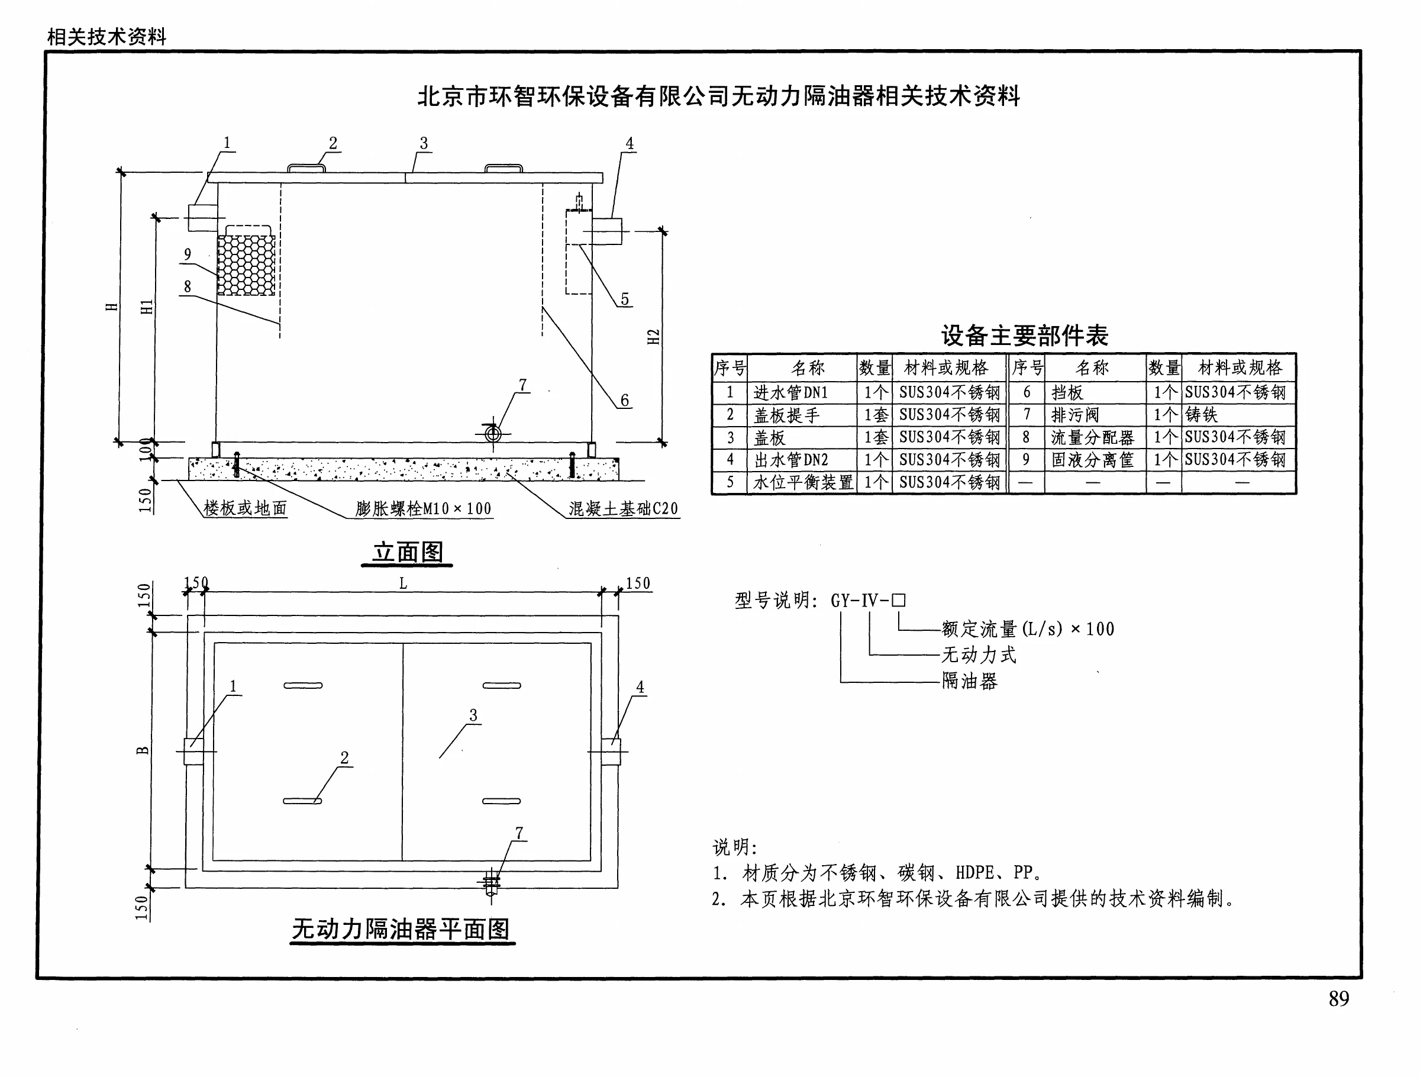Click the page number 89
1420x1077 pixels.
[1338, 999]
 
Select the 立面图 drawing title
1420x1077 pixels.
[408, 552]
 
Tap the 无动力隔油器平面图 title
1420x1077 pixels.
[401, 928]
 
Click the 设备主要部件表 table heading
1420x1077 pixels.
[1025, 336]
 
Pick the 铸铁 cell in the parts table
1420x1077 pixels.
[1201, 415]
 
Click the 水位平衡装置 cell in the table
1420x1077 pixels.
[803, 482]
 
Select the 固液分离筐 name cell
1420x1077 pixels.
[1093, 460]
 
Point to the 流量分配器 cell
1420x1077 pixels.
[1093, 437]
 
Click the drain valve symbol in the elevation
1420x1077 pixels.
[493, 434]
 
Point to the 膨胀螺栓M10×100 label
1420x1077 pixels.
[423, 509]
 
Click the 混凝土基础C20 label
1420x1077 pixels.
[622, 509]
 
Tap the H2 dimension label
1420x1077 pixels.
[654, 337]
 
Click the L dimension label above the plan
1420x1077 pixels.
[403, 583]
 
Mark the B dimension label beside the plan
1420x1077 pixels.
[143, 750]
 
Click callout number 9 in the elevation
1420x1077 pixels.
[188, 254]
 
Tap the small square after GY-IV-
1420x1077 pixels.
[899, 601]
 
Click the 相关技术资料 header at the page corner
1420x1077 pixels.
[106, 37]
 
